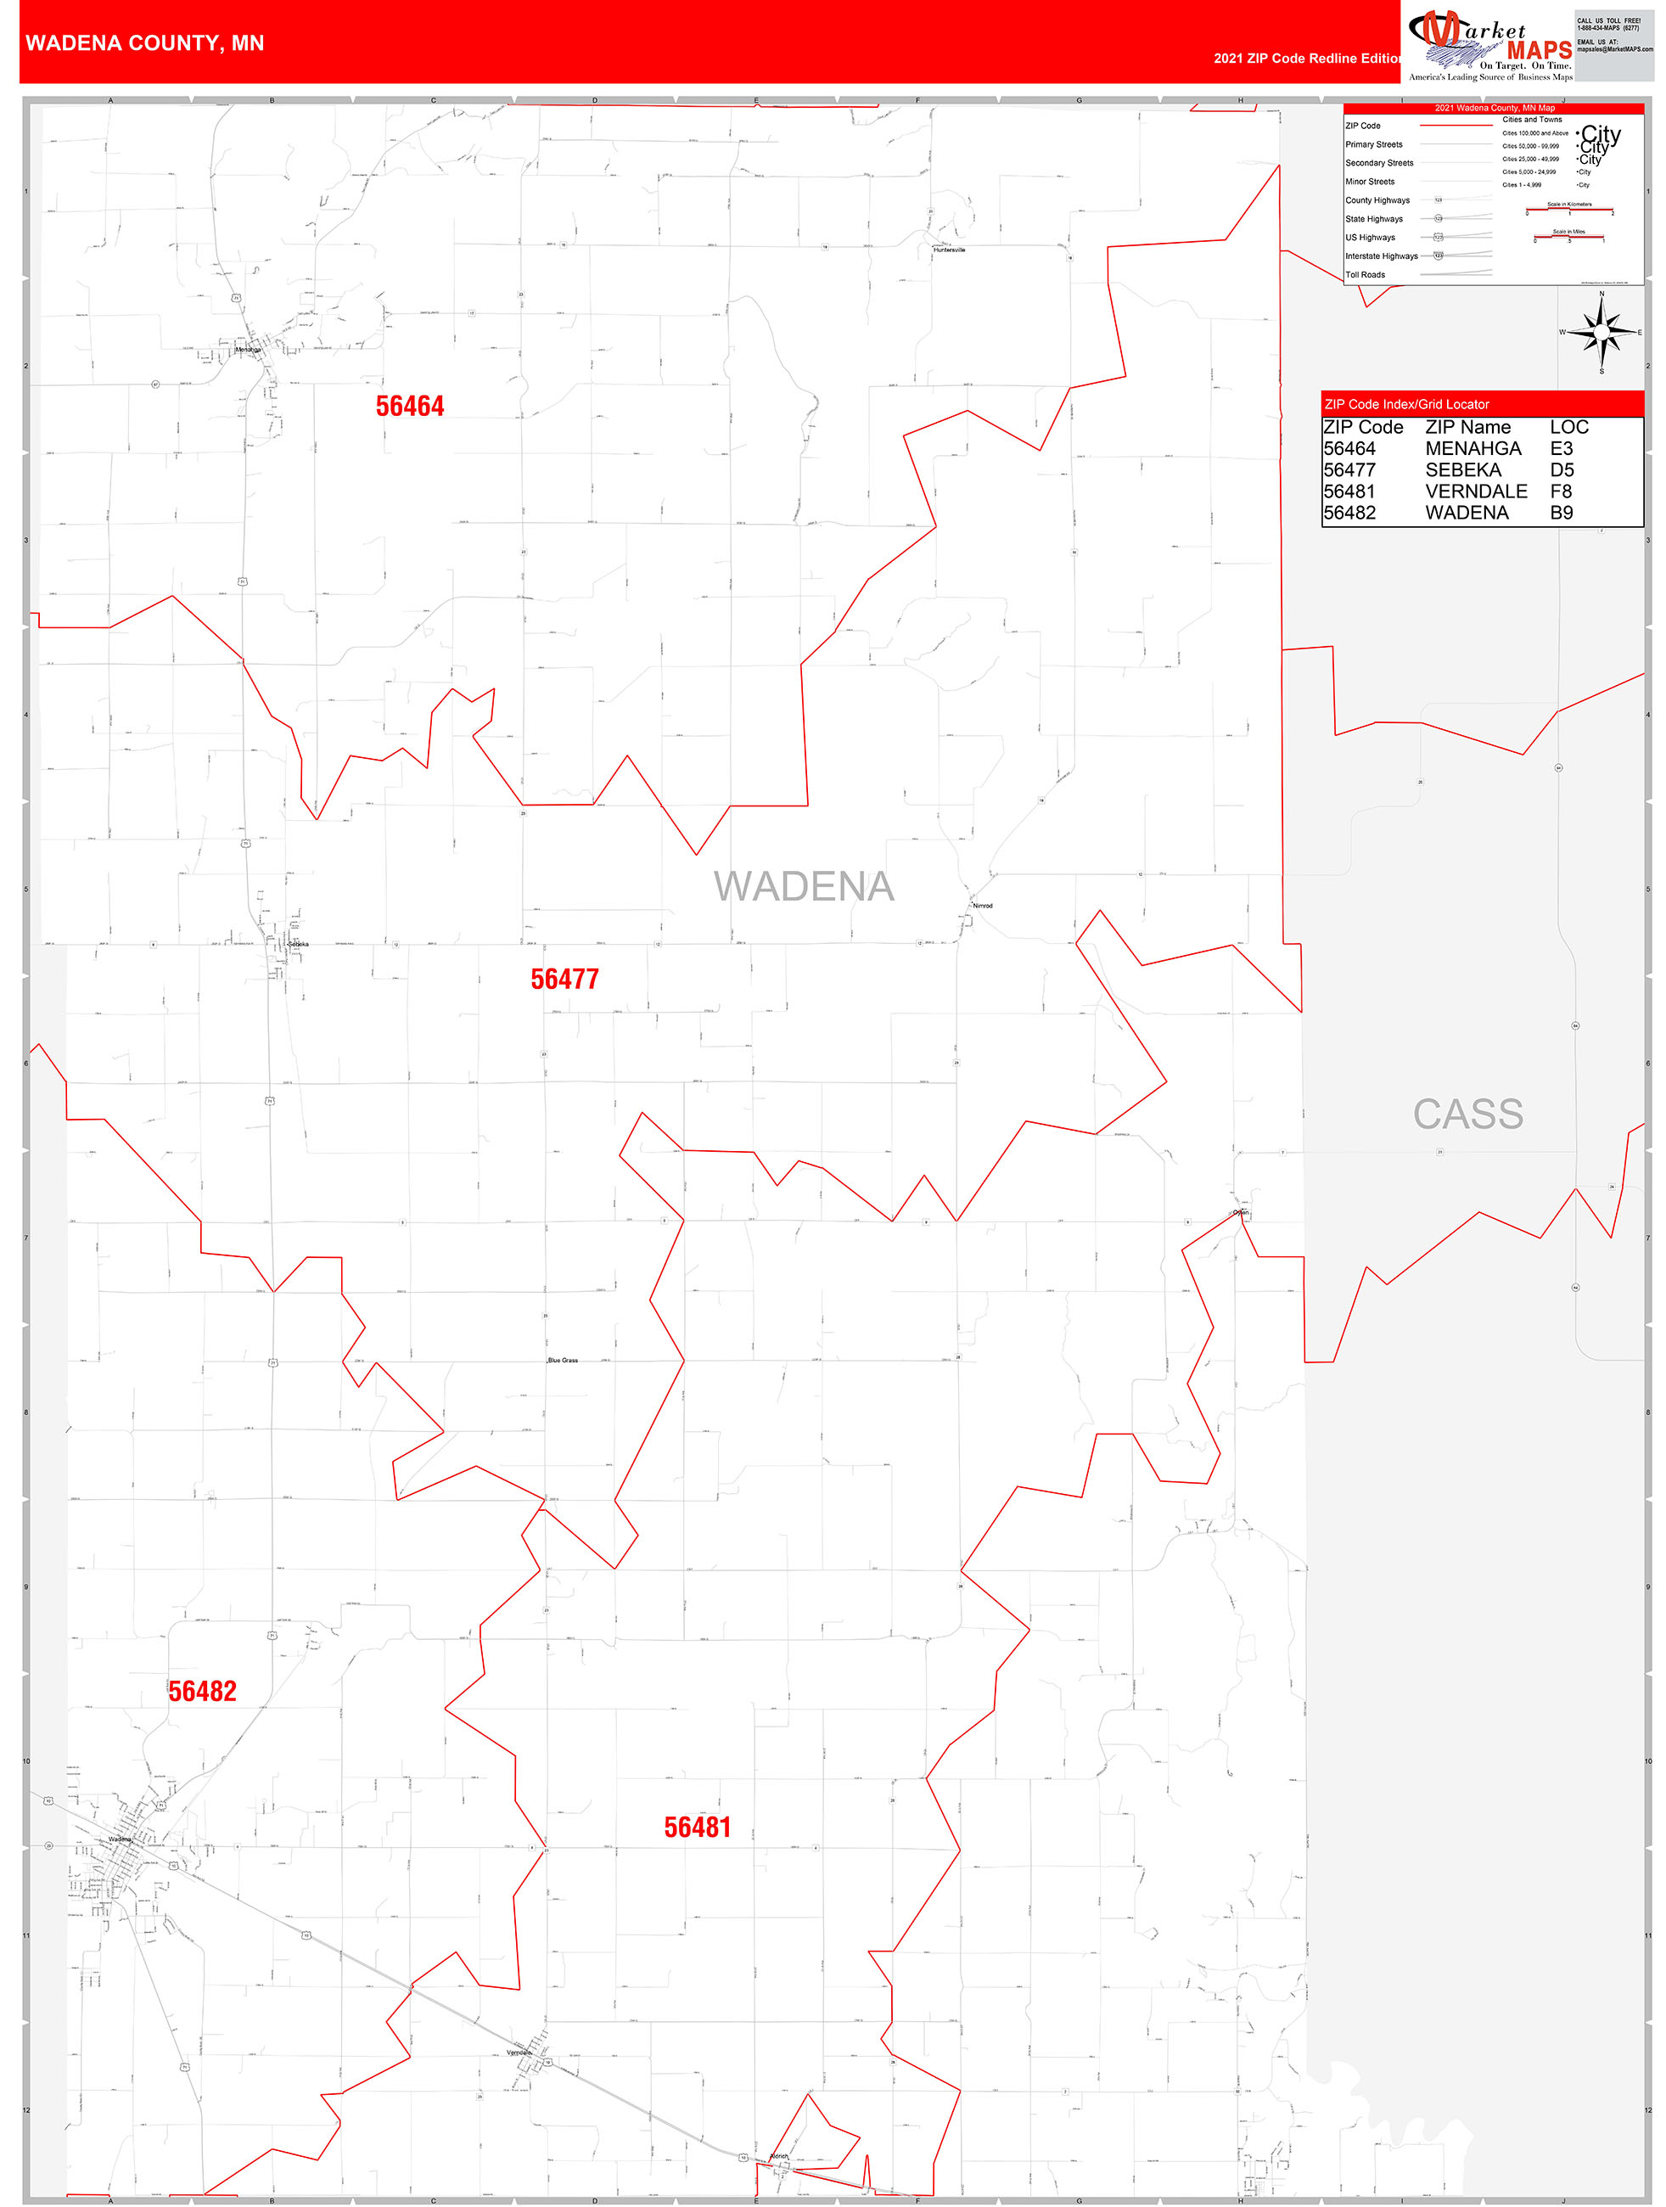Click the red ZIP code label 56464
[410, 406]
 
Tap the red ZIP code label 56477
[564, 979]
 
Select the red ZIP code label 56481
[698, 1827]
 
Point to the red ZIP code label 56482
[203, 1691]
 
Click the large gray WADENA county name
[803, 887]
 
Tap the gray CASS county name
[1467, 1115]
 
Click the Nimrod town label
[983, 906]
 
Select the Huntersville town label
[949, 250]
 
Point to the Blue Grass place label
[563, 1360]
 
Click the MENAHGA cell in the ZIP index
[1472, 449]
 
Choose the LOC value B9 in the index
[1562, 513]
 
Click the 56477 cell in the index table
[1349, 470]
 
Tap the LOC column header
[1568, 427]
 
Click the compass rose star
[1601, 332]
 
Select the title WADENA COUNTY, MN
[144, 43]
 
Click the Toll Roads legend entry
[1365, 274]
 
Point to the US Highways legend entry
[1370, 238]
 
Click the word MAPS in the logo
[1539, 50]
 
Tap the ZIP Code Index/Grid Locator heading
[1405, 404]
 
